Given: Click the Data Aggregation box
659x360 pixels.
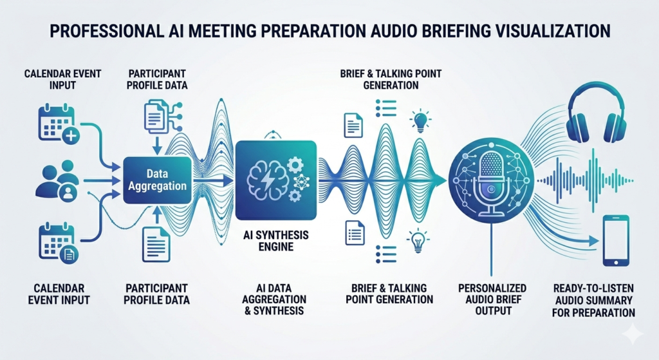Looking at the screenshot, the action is pos(157,180).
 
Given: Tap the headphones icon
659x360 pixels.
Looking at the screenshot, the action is pos(597,113).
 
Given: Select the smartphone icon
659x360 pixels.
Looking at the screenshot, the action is pos(616,241).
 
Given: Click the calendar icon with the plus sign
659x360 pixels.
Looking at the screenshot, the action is pos(59,123).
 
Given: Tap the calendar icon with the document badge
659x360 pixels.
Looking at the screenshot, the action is pos(59,244).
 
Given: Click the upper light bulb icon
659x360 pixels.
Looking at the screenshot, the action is pos(420,120).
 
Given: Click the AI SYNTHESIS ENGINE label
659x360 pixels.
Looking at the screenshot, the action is pos(275,241).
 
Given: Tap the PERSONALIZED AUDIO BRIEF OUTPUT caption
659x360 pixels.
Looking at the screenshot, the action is pos(492,299).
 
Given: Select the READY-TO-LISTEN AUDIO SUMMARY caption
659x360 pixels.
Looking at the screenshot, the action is pos(593,300).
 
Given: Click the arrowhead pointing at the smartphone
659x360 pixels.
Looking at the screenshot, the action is pos(593,241).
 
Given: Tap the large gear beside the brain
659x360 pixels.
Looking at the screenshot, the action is pos(295,164).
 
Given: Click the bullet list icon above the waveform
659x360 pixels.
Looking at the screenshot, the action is pos(386,108).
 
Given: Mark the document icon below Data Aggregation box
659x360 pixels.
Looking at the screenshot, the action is pos(156,244).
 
